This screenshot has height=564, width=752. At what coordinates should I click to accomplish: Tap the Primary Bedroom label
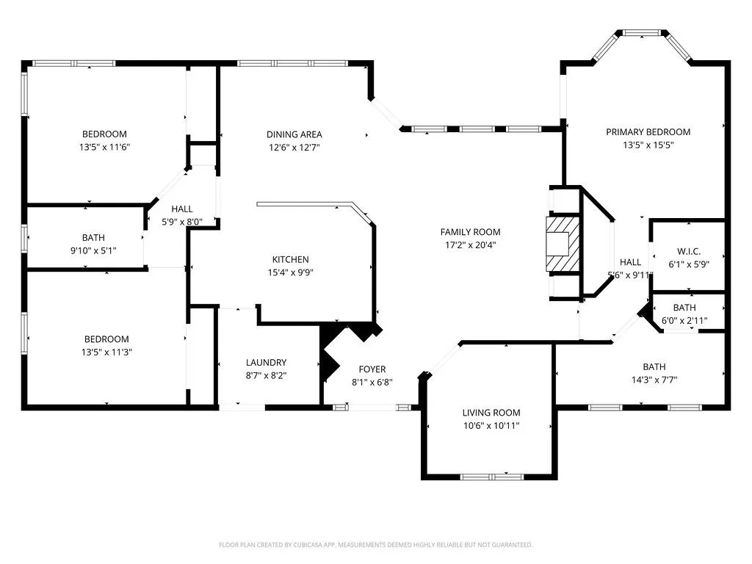(648, 132)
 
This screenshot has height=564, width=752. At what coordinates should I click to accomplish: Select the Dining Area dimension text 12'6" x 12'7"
(294, 147)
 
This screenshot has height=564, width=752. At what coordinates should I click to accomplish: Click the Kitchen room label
(291, 259)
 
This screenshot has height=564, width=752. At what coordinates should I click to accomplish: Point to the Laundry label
(266, 362)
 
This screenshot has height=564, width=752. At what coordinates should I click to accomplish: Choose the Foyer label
(372, 369)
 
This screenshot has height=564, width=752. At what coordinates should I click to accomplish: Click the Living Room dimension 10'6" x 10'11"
(491, 425)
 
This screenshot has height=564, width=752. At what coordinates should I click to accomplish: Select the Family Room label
(470, 232)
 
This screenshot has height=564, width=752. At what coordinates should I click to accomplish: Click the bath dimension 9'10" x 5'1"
(93, 250)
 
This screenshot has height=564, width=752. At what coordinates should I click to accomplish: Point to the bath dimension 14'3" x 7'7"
(654, 380)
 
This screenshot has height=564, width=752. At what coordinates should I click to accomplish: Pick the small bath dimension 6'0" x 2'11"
(684, 320)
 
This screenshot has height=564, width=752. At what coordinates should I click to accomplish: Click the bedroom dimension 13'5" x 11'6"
(104, 147)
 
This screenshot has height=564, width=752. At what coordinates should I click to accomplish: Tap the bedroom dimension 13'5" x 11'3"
(106, 352)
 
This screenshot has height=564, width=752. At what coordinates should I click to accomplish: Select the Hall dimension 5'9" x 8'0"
(181, 221)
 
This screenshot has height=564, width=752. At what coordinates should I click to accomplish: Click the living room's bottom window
(491, 476)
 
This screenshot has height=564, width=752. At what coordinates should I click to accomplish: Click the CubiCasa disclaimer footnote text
(375, 545)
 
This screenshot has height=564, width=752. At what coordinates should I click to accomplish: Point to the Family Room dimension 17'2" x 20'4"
(470, 245)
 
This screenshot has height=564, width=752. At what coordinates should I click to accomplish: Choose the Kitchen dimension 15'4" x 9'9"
(291, 272)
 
